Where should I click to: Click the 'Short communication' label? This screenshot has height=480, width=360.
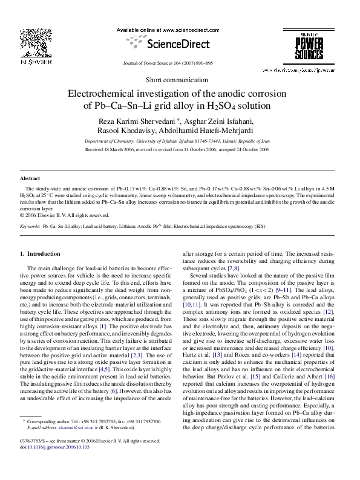click(180, 80)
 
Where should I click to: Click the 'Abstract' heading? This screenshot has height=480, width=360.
click(30, 179)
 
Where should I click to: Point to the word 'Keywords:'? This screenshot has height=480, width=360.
click(30, 225)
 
